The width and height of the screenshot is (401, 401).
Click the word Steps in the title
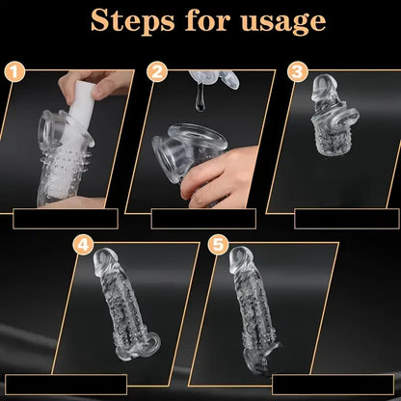132,20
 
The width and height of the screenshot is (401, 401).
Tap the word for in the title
208,20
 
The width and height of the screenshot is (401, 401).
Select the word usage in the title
283,23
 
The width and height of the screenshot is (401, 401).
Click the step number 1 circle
14,72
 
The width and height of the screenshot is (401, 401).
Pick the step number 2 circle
157,72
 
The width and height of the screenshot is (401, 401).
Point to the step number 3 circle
298,71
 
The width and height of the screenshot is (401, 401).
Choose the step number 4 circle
83,246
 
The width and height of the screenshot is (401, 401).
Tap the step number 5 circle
219,245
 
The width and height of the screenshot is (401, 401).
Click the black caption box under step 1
66,219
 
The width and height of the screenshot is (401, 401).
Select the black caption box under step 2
203,219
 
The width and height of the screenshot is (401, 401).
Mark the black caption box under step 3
347,219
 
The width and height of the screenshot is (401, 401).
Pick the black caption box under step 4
67,385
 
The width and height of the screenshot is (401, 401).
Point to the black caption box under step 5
333,385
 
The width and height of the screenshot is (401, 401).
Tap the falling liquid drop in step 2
200,98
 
